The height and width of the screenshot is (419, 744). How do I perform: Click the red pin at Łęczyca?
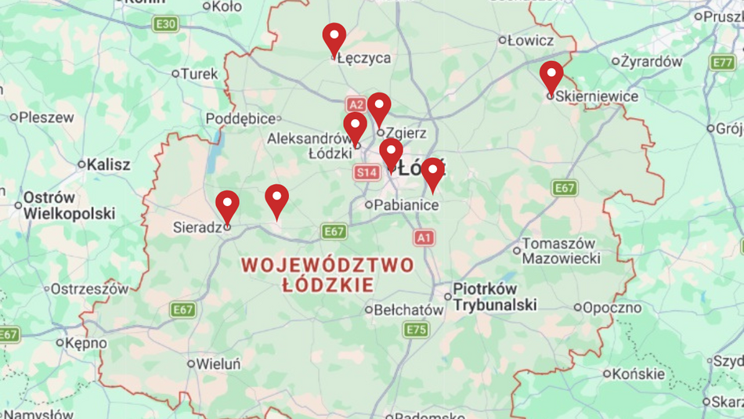tap(334, 38)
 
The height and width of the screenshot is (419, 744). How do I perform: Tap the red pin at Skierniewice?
tap(551, 76)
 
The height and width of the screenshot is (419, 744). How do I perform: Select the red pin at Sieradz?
tap(227, 205)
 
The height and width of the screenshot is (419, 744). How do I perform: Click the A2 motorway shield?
tap(356, 104)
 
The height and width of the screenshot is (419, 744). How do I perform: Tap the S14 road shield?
tap(367, 172)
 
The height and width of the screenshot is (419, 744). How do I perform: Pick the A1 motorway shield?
tap(424, 237)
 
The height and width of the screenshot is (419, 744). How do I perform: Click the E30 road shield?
tap(165, 24)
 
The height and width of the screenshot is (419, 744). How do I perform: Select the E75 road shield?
tap(416, 330)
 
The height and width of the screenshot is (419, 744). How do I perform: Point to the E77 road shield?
tap(722, 63)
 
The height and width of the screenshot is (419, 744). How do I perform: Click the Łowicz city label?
tap(530, 40)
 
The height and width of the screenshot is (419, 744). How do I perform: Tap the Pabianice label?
tap(406, 205)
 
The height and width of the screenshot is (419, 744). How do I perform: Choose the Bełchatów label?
tap(408, 310)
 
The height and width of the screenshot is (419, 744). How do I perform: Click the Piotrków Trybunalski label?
tap(496, 297)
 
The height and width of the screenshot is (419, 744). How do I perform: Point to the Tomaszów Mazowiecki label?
tap(561, 251)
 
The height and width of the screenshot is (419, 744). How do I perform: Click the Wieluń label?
tap(219, 363)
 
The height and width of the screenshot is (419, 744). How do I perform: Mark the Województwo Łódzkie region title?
tap(327, 274)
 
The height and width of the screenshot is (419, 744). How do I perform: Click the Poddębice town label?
tap(240, 118)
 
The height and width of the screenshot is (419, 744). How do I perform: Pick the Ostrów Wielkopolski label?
tap(69, 205)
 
